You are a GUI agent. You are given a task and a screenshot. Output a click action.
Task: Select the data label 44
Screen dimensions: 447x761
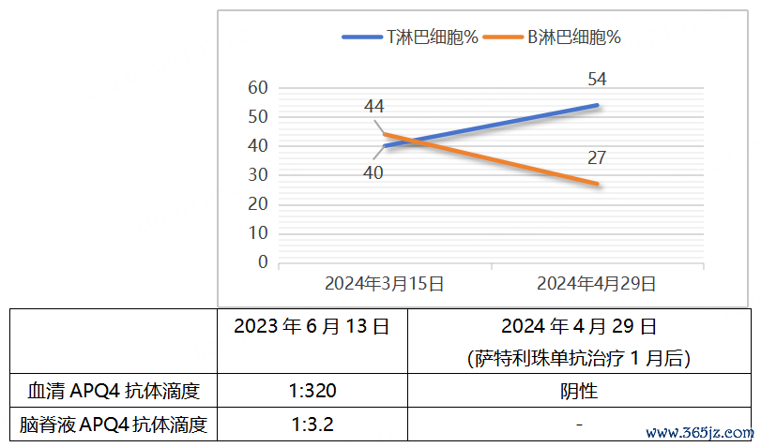click(x=373, y=107)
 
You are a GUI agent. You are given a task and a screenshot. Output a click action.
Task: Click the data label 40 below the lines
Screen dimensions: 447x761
click(x=373, y=172)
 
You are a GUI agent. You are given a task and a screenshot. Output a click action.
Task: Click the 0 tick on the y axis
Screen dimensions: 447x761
click(x=263, y=262)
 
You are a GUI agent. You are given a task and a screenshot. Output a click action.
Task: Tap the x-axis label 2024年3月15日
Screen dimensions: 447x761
click(x=384, y=283)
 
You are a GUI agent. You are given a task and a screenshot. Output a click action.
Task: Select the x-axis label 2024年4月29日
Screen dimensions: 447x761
click(x=596, y=283)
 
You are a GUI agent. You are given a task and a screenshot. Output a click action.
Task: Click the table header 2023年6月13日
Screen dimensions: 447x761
click(x=312, y=327)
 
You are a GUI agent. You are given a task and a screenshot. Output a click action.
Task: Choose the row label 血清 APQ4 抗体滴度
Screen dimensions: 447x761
click(x=114, y=391)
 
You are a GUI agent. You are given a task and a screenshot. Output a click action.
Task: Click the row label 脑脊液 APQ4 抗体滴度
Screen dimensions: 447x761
click(x=114, y=425)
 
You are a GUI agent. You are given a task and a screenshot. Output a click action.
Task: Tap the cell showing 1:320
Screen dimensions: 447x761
click(x=313, y=391)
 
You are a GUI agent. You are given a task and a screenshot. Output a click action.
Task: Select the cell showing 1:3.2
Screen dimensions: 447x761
click(x=313, y=425)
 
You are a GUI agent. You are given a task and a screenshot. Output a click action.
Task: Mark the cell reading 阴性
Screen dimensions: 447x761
click(x=579, y=391)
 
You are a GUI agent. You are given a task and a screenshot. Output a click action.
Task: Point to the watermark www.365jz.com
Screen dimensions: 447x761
click(x=701, y=434)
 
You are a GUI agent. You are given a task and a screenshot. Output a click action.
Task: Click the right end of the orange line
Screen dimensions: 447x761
click(x=597, y=184)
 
